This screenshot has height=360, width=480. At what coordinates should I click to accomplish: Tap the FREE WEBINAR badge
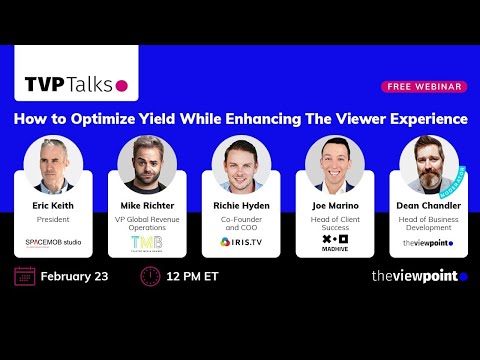point(425,87)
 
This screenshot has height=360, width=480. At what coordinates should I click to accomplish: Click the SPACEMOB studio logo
point(53,242)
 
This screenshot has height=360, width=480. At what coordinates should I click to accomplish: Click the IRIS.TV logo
point(239,242)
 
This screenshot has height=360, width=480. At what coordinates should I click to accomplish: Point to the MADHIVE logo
point(333,243)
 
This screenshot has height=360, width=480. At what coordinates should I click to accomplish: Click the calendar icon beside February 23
point(25,276)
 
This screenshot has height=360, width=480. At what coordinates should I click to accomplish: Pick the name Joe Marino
point(333,206)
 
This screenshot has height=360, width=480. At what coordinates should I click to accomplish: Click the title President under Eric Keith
point(53,219)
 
